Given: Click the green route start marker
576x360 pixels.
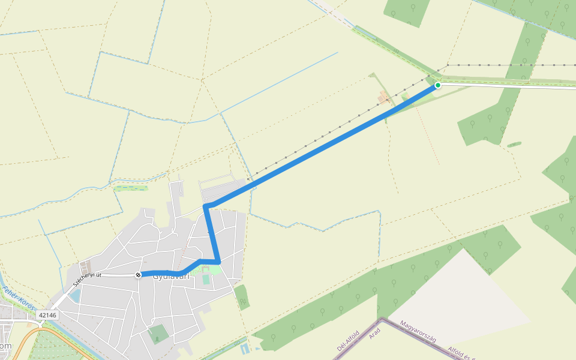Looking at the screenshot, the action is tap(438, 85).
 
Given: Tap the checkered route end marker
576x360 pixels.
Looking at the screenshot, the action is tap(139, 275).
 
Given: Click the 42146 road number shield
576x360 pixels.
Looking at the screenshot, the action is tap(47, 314).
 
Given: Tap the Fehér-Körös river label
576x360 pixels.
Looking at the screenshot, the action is tap(18, 298).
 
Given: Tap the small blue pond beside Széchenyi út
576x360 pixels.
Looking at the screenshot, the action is tap(74, 295).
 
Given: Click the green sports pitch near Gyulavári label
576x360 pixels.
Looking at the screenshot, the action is tap(206, 279).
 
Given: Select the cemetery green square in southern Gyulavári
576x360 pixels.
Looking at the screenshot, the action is tap(158, 334).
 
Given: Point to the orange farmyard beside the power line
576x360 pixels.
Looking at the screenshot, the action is tap(383, 97).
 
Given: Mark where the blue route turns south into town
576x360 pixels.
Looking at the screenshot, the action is tap(206, 206).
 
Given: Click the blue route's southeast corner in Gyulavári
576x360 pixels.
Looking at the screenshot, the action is tap(219, 262).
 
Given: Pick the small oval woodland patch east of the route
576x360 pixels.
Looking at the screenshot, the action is tap(514, 145).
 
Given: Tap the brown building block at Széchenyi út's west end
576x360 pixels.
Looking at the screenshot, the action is tap(86, 265).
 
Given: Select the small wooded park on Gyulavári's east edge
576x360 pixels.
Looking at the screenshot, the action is tap(241, 296).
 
